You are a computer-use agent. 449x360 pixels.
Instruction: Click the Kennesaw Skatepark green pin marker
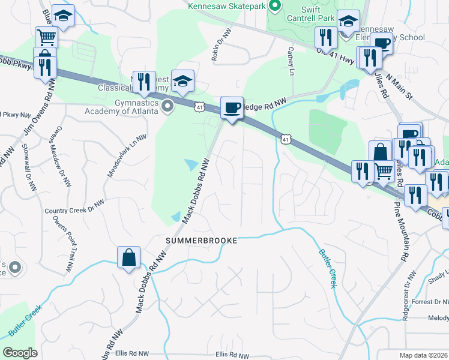(275, 7)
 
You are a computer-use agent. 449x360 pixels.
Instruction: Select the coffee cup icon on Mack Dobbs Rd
(232, 109)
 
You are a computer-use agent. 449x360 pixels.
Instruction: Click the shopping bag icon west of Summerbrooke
(128, 258)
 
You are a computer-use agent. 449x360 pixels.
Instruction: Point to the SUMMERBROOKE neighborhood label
(202, 240)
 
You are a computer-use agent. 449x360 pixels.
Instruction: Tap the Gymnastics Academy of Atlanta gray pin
(168, 106)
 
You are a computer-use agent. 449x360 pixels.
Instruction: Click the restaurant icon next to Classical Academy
(143, 81)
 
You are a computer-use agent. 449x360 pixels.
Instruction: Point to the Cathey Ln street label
(291, 61)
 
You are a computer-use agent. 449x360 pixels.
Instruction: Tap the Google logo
(20, 353)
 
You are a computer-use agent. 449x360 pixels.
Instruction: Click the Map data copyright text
(424, 355)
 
